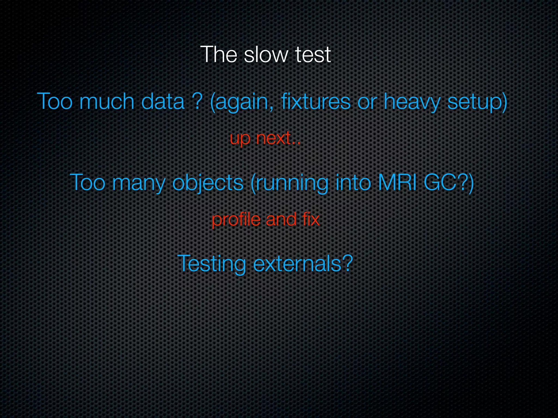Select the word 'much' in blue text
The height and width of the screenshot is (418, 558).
(x=107, y=102)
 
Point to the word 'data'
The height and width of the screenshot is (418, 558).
(x=163, y=102)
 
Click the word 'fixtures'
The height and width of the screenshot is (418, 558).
(x=316, y=102)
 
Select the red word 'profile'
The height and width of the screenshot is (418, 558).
(x=236, y=219)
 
